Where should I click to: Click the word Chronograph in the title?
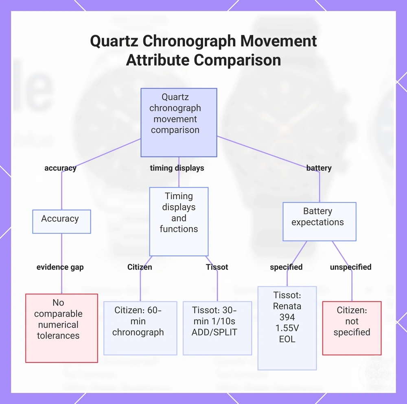(189, 41)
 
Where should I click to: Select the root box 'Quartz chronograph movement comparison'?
(179, 122)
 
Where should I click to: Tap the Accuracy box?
(61, 222)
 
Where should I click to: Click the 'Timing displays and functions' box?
(179, 222)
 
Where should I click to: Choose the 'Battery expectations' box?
(319, 222)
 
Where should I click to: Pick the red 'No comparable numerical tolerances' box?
(61, 328)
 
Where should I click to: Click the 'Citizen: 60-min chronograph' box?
(140, 328)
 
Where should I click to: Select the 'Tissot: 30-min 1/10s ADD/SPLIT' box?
(217, 328)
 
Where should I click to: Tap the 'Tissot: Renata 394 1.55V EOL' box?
(287, 328)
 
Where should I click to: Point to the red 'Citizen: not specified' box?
(352, 328)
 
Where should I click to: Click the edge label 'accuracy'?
(61, 168)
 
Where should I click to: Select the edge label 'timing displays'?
(177, 168)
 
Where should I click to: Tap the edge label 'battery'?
(319, 168)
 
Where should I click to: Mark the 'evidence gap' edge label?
(60, 267)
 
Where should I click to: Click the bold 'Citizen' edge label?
(140, 267)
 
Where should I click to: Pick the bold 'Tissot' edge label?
(217, 267)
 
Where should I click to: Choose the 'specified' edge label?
(286, 267)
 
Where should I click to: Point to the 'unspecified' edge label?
(351, 267)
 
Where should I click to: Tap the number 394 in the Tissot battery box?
(287, 317)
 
